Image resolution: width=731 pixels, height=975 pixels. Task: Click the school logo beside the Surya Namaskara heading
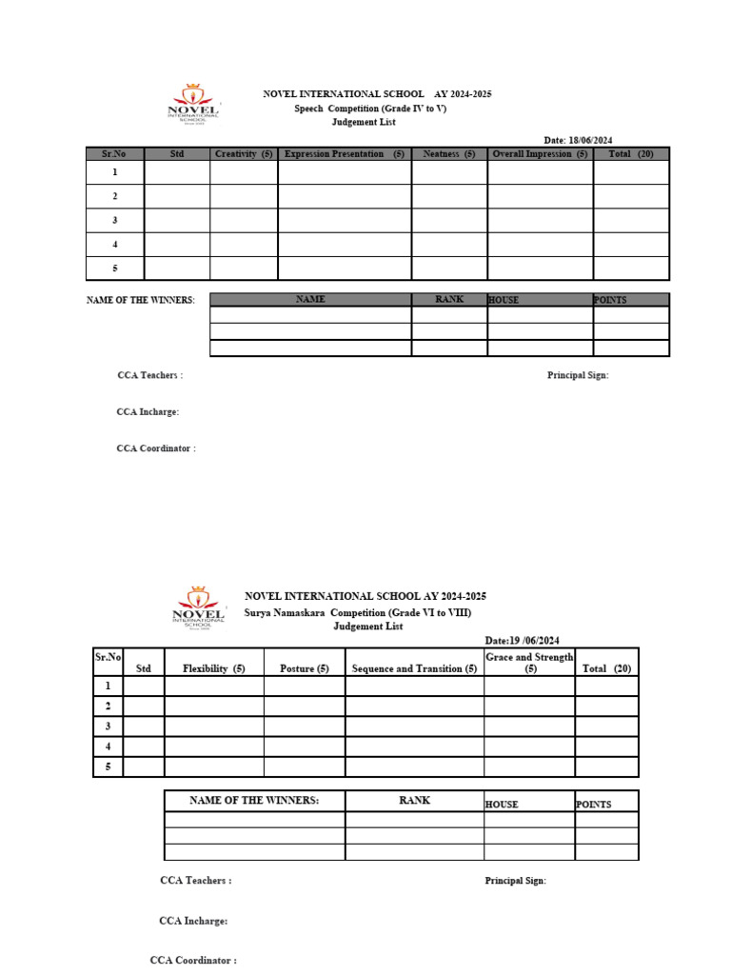point(199,607)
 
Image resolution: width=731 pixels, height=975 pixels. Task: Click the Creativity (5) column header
point(244,154)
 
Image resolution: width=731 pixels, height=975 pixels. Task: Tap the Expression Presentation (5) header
point(345,154)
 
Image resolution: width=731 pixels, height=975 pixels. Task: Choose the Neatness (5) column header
point(449,154)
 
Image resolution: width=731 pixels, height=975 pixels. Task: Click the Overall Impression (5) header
point(540,154)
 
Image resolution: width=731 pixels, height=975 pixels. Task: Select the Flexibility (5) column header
point(214,668)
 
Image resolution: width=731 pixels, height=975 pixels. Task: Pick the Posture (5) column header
point(305,668)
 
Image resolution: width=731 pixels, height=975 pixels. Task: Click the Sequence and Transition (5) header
point(414,668)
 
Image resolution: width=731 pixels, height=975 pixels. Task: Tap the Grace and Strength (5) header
point(529,663)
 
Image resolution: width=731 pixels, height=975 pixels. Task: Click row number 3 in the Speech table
point(115,220)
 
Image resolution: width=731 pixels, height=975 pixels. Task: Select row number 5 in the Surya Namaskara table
point(109,766)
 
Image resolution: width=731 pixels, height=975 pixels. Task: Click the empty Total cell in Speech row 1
point(631,172)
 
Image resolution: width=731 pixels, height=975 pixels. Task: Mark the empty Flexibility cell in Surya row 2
point(214,706)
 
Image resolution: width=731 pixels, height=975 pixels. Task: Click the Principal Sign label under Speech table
point(577,375)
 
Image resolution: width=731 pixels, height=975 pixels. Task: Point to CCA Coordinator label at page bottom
point(193,961)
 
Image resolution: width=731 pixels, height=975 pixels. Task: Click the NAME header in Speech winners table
point(310,299)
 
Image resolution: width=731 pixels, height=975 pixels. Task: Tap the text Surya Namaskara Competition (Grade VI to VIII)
point(358,612)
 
